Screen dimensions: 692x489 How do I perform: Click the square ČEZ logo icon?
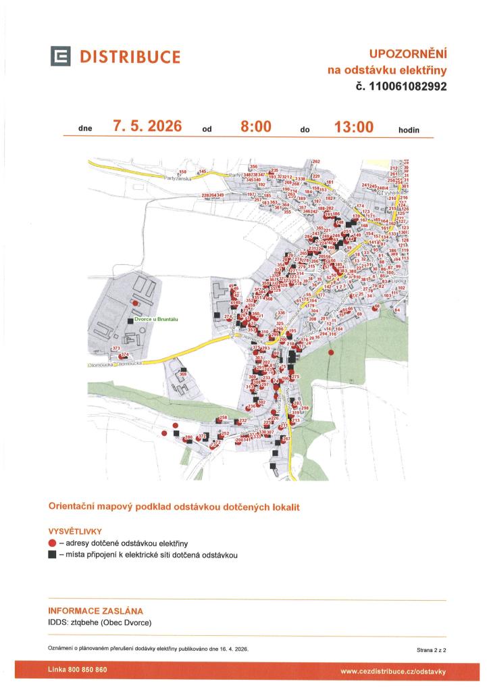click(60, 57)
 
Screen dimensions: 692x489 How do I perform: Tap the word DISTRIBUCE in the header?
click(130, 57)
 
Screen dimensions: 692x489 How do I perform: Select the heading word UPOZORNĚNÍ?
click(408, 53)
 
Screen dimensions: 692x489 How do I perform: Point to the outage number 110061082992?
click(406, 86)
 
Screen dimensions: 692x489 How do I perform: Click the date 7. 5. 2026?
click(147, 126)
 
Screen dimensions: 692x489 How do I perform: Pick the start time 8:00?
click(256, 126)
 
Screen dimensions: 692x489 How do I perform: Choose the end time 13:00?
click(354, 126)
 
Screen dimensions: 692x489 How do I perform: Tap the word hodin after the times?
click(409, 129)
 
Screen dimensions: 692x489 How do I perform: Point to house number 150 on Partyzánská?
click(182, 172)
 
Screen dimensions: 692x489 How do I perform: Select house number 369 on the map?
click(183, 374)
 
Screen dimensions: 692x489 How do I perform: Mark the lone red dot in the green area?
click(330, 352)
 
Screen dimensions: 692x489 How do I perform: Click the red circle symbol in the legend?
click(52, 543)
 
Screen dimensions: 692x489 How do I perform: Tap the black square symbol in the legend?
click(52, 555)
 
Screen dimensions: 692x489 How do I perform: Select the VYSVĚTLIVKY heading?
click(75, 530)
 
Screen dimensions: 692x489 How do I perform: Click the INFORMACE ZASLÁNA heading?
click(95, 611)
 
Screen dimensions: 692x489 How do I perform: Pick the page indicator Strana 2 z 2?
click(432, 649)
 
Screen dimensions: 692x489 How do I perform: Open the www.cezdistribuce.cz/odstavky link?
click(393, 671)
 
